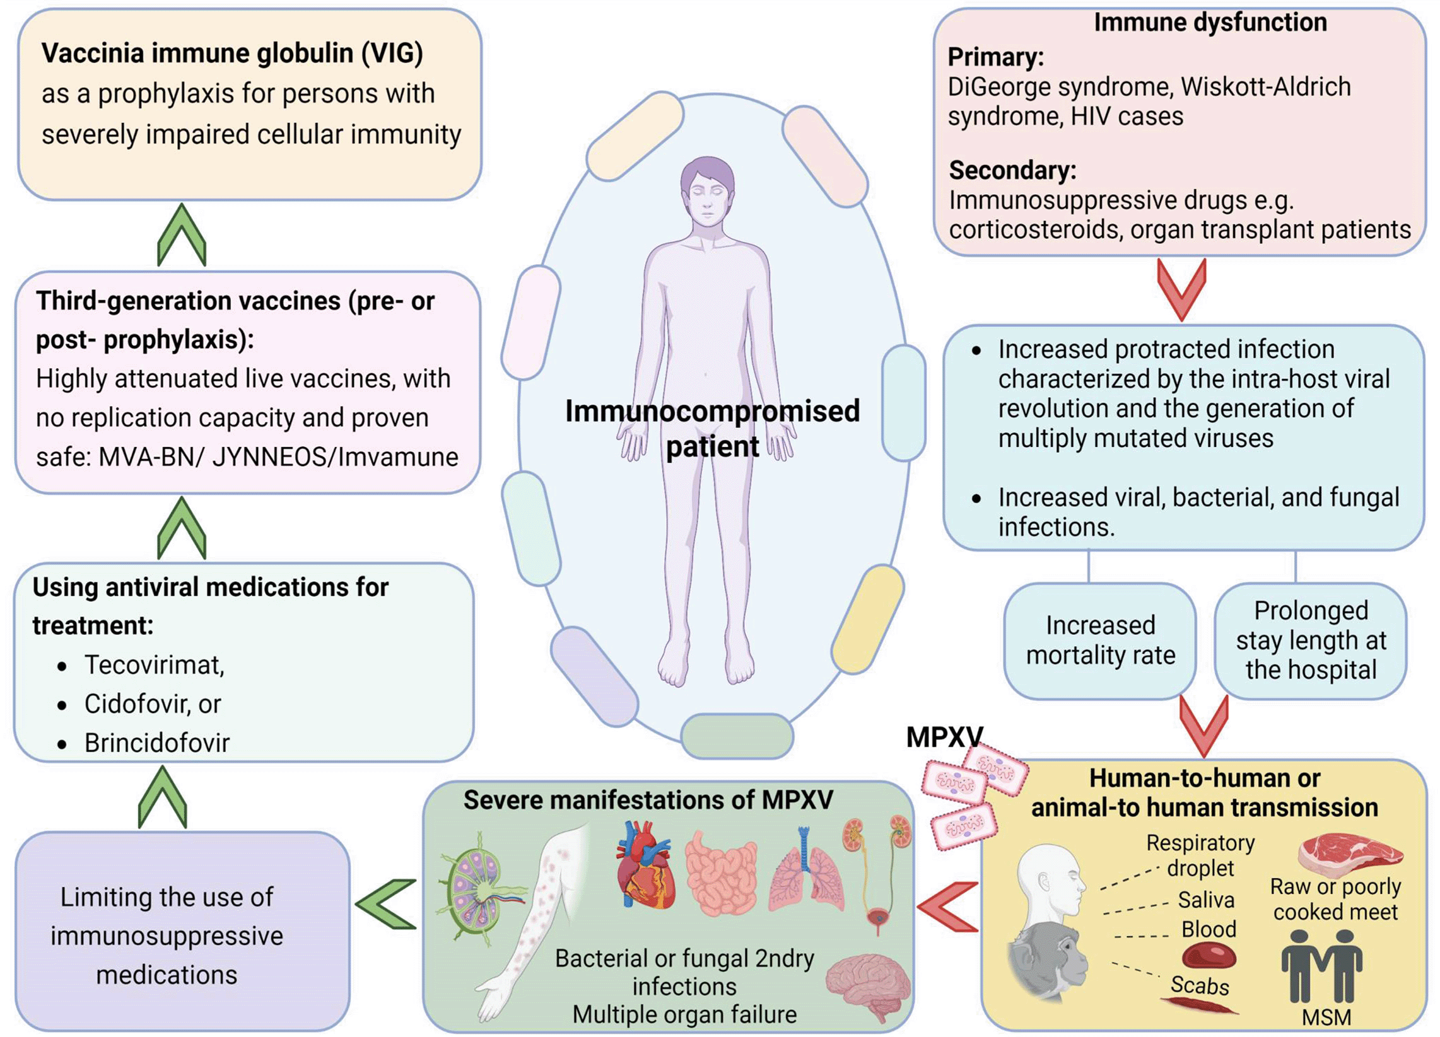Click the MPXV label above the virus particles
click(x=944, y=738)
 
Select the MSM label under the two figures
click(x=1326, y=1018)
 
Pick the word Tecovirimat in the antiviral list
click(x=155, y=665)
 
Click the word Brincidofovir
click(x=157, y=743)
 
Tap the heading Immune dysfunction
click(x=1210, y=22)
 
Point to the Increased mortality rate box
click(x=1100, y=640)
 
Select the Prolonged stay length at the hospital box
click(x=1311, y=640)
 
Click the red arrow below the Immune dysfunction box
click(x=1181, y=289)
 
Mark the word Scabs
click(x=1199, y=985)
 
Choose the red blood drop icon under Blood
click(x=1209, y=955)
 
